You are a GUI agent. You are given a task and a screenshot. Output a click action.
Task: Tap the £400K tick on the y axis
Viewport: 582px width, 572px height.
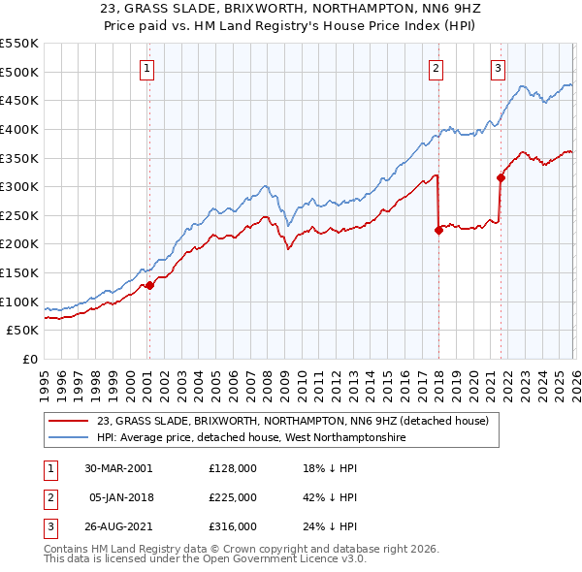click(x=19, y=129)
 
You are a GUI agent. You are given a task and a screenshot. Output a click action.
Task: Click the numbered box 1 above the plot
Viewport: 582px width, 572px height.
click(x=146, y=68)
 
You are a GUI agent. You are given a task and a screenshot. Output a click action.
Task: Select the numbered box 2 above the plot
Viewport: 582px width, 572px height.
click(x=436, y=68)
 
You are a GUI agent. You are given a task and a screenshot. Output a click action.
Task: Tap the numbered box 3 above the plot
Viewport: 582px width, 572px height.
click(x=498, y=68)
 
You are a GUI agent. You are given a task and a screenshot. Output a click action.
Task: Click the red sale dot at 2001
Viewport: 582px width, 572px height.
click(x=149, y=286)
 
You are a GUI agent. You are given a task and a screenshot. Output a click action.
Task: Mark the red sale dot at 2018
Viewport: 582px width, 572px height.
click(x=438, y=230)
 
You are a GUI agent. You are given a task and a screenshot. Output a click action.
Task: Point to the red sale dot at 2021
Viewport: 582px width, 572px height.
click(x=501, y=177)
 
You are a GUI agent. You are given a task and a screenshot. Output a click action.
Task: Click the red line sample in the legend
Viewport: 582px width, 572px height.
click(x=69, y=421)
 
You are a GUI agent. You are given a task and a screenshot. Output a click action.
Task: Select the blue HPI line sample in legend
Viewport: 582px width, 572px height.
click(x=69, y=437)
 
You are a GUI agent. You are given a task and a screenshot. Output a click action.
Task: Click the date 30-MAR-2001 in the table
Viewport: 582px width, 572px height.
click(x=118, y=468)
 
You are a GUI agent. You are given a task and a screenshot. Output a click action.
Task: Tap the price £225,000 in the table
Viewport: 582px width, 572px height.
click(x=233, y=497)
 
